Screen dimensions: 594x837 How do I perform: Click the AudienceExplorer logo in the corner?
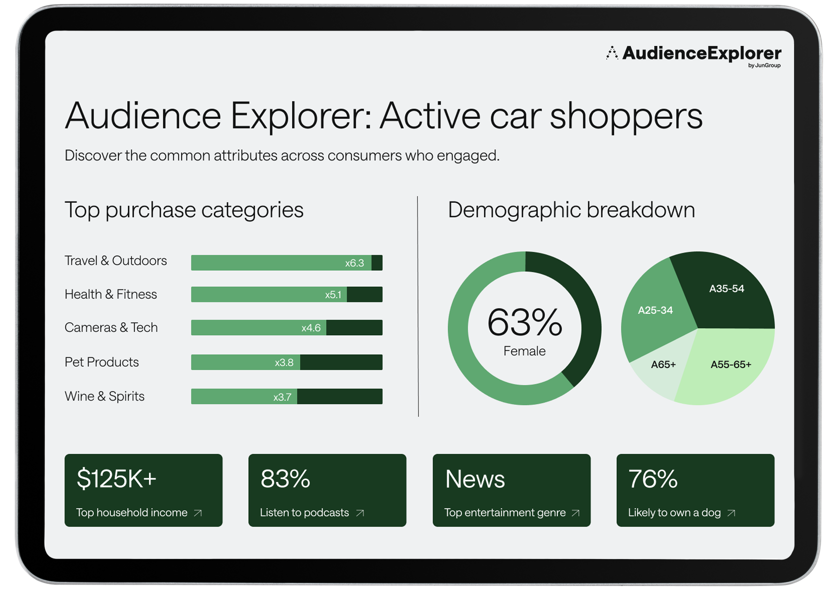694,54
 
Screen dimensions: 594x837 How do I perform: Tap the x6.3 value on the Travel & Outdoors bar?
354,263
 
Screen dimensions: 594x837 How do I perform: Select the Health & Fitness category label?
111,294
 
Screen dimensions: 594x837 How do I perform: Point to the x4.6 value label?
311,328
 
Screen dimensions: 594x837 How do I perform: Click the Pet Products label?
102,362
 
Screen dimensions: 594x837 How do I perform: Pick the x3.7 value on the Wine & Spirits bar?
282,397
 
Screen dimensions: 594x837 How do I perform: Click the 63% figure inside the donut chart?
524,322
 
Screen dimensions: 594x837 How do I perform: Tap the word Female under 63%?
524,351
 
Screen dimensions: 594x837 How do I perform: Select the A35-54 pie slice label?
727,289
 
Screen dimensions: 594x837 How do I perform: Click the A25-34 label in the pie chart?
655,310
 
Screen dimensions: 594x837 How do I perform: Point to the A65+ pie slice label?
663,365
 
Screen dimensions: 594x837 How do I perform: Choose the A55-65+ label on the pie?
731,365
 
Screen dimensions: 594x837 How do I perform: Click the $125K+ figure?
117,479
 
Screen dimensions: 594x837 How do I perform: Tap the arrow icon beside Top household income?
198,513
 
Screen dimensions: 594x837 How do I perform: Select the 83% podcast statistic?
285,479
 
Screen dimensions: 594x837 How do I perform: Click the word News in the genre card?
475,479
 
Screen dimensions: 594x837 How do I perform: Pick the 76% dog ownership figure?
653,479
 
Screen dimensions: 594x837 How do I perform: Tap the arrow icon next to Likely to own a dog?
731,513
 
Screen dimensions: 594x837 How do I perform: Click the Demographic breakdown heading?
571,210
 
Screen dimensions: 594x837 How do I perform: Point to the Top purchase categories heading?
184,210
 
